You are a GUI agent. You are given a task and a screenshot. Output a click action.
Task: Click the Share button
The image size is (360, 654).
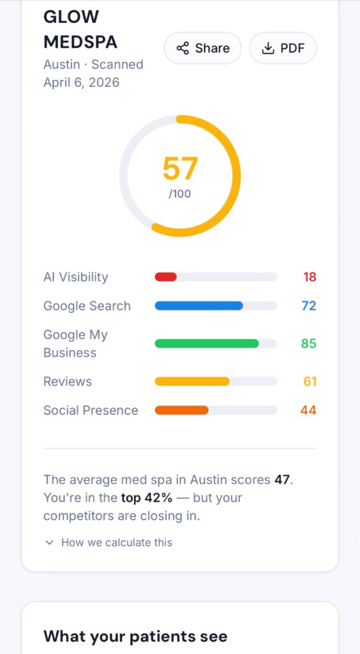point(203,49)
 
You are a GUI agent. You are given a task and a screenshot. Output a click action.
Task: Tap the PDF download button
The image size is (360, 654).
point(283,49)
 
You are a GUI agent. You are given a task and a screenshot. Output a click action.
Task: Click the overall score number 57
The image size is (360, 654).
point(180,169)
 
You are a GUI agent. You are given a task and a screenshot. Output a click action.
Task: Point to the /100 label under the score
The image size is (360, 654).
point(180,194)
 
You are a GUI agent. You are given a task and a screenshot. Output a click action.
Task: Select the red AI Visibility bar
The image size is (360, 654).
point(166,277)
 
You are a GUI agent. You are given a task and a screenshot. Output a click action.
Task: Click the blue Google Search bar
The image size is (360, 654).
point(199,306)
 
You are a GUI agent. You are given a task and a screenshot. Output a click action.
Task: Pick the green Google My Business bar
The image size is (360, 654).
point(207,344)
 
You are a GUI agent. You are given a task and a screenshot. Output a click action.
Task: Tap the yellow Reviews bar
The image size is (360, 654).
point(192,381)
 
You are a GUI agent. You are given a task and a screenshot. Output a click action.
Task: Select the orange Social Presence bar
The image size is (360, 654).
point(182,410)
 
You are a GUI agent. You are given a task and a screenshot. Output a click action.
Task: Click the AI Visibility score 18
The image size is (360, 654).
point(310,277)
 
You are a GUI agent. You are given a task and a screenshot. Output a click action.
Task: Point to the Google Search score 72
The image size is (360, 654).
point(309,306)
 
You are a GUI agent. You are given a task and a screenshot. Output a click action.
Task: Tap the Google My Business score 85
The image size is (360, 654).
point(309,344)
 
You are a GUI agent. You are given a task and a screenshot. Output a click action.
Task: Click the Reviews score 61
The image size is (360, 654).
point(310,381)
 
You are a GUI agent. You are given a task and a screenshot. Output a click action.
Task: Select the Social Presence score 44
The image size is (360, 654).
point(308,410)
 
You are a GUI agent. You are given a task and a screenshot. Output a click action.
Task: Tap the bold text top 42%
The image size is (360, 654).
point(147,498)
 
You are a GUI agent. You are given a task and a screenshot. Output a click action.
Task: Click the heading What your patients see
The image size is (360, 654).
point(135,636)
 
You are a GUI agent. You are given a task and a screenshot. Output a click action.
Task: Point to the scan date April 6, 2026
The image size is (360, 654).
point(81,82)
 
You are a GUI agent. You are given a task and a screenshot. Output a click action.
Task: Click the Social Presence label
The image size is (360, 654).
point(91,410)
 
